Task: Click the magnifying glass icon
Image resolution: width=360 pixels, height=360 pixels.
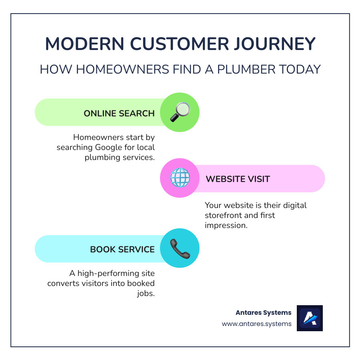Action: [x=180, y=112]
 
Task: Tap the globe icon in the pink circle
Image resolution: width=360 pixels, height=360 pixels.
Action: [x=180, y=178]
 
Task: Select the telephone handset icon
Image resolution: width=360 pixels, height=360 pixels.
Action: [x=180, y=248]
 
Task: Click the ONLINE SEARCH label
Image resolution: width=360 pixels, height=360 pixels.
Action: [x=119, y=113]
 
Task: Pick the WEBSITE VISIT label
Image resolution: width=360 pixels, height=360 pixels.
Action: [x=238, y=179]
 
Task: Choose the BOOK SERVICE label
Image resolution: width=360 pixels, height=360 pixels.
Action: [x=122, y=249]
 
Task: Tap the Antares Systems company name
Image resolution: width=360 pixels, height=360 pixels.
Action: [x=264, y=312]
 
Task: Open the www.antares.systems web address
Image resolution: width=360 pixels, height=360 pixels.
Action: [x=257, y=324]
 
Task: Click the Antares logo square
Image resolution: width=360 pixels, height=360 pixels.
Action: [x=309, y=318]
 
